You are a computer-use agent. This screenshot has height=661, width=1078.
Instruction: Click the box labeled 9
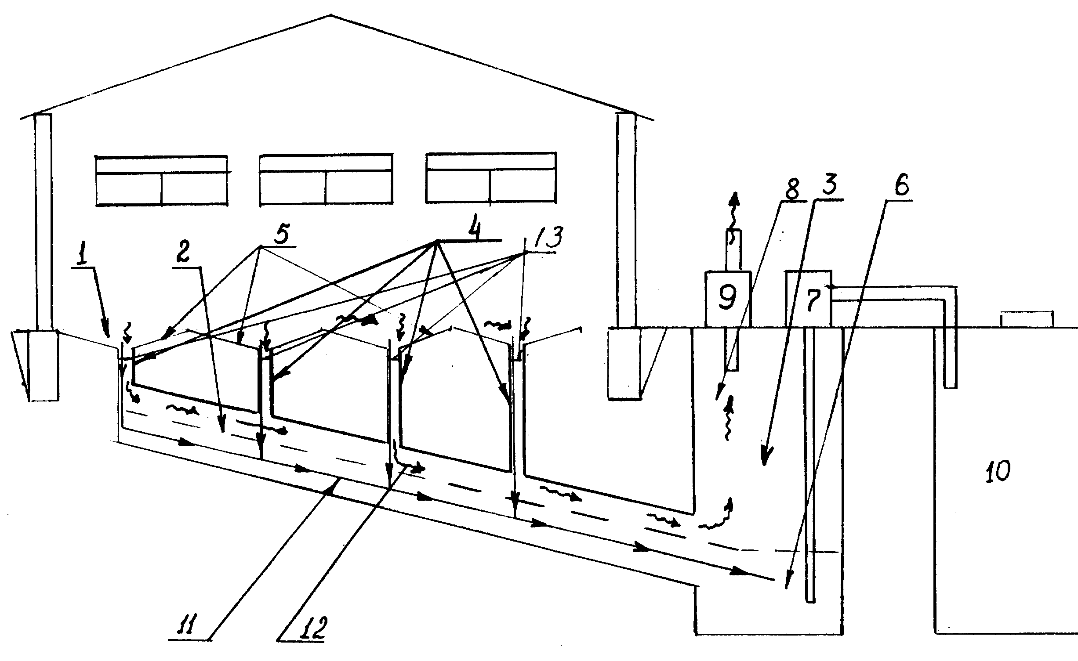pos(728,299)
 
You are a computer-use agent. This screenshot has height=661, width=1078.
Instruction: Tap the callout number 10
pos(998,472)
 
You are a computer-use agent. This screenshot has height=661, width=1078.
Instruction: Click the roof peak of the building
pos(330,15)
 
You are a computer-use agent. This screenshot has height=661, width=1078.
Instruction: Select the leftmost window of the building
pos(162,180)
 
